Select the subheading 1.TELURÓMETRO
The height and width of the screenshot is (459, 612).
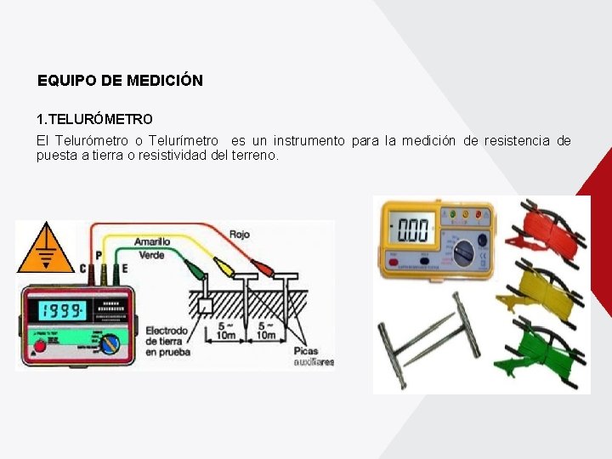[x=94, y=120]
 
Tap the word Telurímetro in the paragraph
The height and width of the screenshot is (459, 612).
[x=184, y=140]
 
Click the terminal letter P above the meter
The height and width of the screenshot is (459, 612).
[x=99, y=255]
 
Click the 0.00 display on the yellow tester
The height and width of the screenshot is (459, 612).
[x=413, y=229]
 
